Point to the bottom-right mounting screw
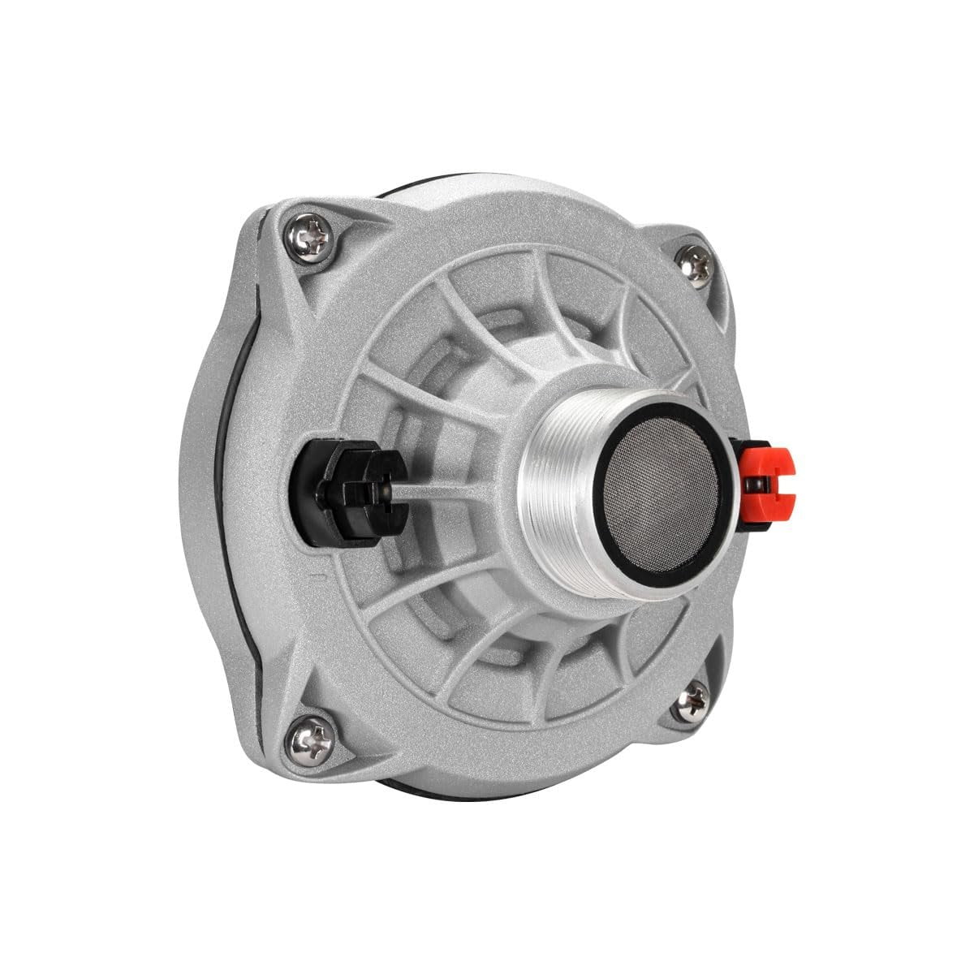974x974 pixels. tap(692, 700)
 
